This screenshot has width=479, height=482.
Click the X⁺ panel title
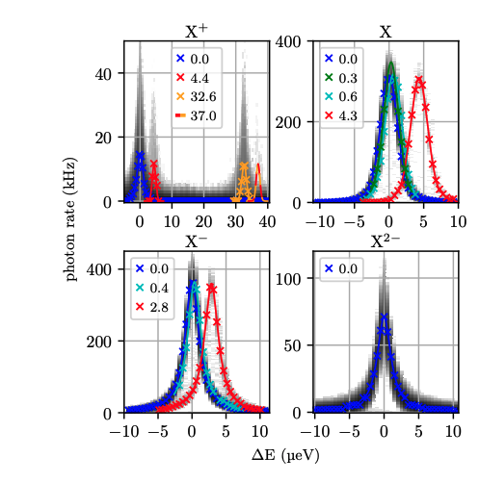197,32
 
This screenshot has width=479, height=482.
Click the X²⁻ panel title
386,242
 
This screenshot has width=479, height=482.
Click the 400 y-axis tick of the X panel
295,41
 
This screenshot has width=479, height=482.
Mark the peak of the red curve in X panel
418,80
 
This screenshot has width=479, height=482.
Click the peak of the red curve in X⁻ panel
211,286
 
